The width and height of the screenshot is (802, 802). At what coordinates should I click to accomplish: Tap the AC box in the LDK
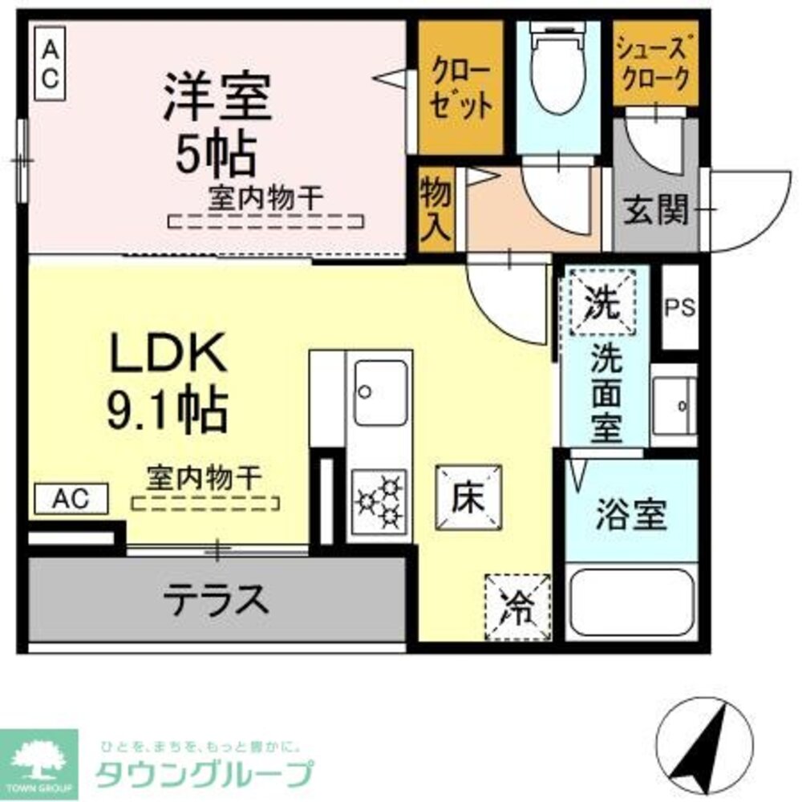pos(71,499)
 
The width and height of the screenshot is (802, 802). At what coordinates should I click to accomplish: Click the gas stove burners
pos(379,501)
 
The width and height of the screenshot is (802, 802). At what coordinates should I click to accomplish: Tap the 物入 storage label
pos(437,209)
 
